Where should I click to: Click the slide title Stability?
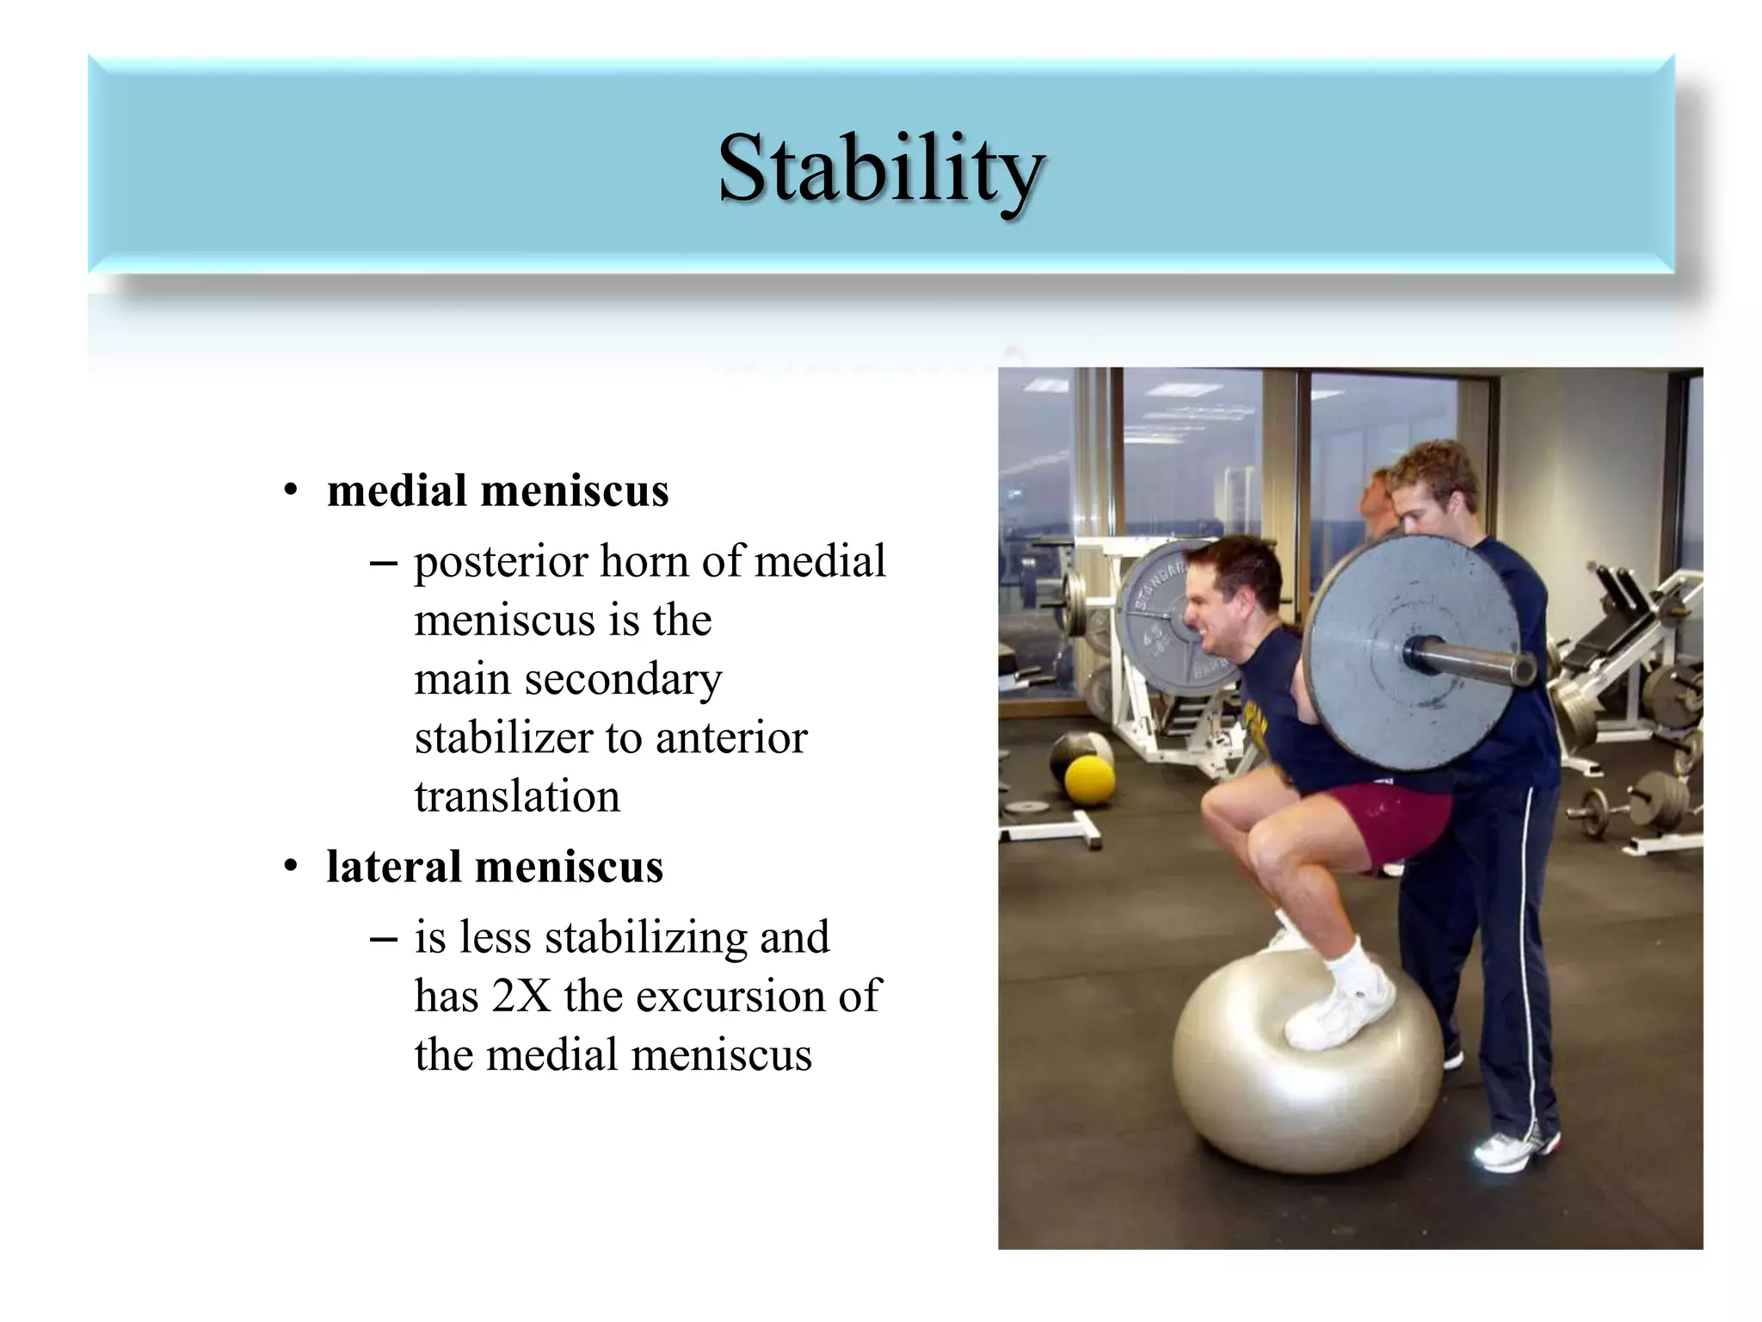pos(880,169)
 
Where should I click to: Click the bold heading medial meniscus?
pos(497,491)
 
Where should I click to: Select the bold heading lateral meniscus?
pos(495,867)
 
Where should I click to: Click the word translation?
pos(517,796)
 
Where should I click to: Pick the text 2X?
pos(521,997)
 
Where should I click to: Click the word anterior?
pos(730,738)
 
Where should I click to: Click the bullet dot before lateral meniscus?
pos(291,867)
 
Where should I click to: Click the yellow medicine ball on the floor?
pos(1089,780)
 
